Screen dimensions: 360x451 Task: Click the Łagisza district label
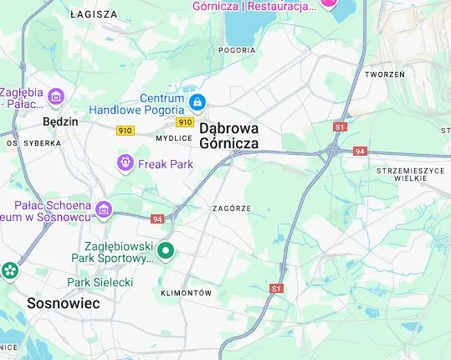click(x=94, y=14)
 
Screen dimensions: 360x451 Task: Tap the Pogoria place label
click(x=237, y=49)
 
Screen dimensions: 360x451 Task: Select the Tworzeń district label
click(x=385, y=75)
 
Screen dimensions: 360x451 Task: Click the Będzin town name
click(x=60, y=121)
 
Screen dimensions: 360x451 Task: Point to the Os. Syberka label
click(x=34, y=143)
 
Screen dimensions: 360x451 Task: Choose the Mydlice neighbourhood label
click(x=175, y=138)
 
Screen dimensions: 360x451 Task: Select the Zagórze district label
click(x=232, y=208)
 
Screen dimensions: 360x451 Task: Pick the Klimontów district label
click(x=186, y=293)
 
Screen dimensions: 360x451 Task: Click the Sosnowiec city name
click(x=63, y=303)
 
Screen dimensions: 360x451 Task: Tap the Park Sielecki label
click(x=100, y=282)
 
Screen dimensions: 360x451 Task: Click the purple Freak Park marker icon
click(x=126, y=162)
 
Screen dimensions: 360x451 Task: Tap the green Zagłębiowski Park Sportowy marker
click(x=166, y=249)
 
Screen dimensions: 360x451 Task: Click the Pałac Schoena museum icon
click(x=103, y=208)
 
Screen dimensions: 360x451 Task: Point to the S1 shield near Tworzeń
click(x=340, y=126)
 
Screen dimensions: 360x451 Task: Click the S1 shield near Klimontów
click(x=277, y=288)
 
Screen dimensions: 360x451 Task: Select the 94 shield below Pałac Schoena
click(x=157, y=219)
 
